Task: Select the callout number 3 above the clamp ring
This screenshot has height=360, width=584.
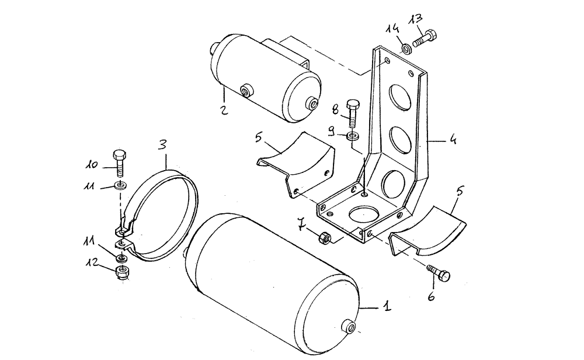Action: (164, 143)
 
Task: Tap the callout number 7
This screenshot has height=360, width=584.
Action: (301, 223)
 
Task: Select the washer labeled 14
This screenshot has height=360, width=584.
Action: (404, 47)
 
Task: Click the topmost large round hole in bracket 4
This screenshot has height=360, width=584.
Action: (401, 95)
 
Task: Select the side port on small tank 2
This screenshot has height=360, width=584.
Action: (247, 90)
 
